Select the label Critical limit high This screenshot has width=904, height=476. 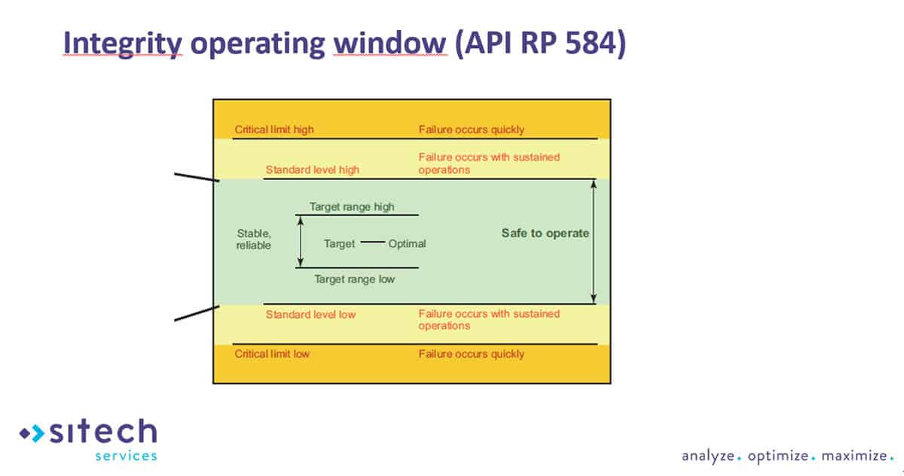[x=274, y=130]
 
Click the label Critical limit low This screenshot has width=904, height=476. [x=272, y=353]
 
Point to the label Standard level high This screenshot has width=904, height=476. [x=313, y=169]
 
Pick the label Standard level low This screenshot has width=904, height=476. [x=310, y=313]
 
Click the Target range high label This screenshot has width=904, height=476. [x=352, y=206]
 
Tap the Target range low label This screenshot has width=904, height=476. [x=354, y=279]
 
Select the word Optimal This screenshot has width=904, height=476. [x=408, y=243]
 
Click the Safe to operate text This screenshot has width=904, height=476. [x=545, y=233]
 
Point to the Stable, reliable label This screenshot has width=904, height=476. [x=254, y=239]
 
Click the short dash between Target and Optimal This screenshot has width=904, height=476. [x=372, y=243]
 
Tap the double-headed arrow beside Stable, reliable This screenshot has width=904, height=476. [x=300, y=241]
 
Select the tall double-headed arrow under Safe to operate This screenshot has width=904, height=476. [x=594, y=241]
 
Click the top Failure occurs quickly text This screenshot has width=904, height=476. [x=472, y=130]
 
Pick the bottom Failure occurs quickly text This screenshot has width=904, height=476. [x=472, y=353]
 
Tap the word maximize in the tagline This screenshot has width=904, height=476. [x=853, y=456]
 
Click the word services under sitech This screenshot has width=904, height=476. [x=126, y=456]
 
